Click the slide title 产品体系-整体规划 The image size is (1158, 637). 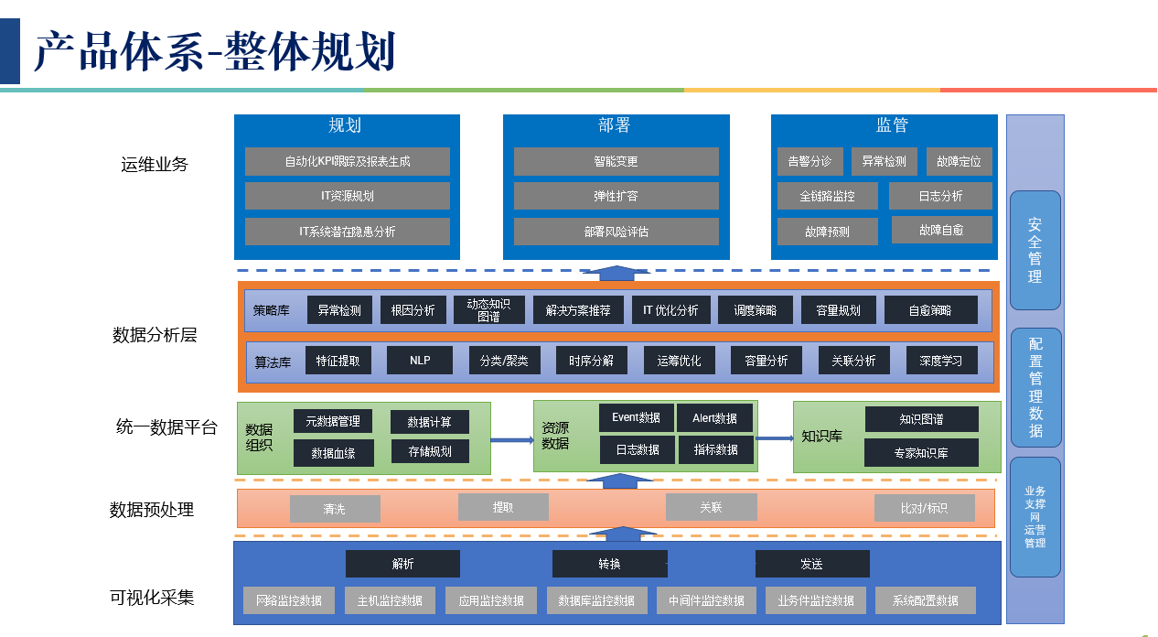(215, 51)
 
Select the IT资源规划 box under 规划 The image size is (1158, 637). (347, 196)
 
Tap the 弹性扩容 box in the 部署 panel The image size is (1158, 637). (616, 196)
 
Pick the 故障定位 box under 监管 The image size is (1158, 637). (959, 161)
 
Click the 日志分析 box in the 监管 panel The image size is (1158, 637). (939, 196)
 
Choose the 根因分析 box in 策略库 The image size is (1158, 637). (413, 310)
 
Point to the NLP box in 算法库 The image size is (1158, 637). (420, 361)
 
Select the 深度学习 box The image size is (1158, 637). (940, 361)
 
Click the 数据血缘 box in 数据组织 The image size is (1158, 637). (333, 452)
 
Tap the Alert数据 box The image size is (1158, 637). (715, 418)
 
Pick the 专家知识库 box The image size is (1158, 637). (921, 452)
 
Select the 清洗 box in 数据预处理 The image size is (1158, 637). (335, 509)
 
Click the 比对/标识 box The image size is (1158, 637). (924, 508)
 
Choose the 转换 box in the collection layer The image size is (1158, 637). (609, 564)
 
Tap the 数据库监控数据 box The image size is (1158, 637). (596, 600)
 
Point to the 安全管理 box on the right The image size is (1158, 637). (1035, 250)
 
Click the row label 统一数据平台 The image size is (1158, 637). (166, 426)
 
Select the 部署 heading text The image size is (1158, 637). (615, 125)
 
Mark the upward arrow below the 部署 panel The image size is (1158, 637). (618, 273)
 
